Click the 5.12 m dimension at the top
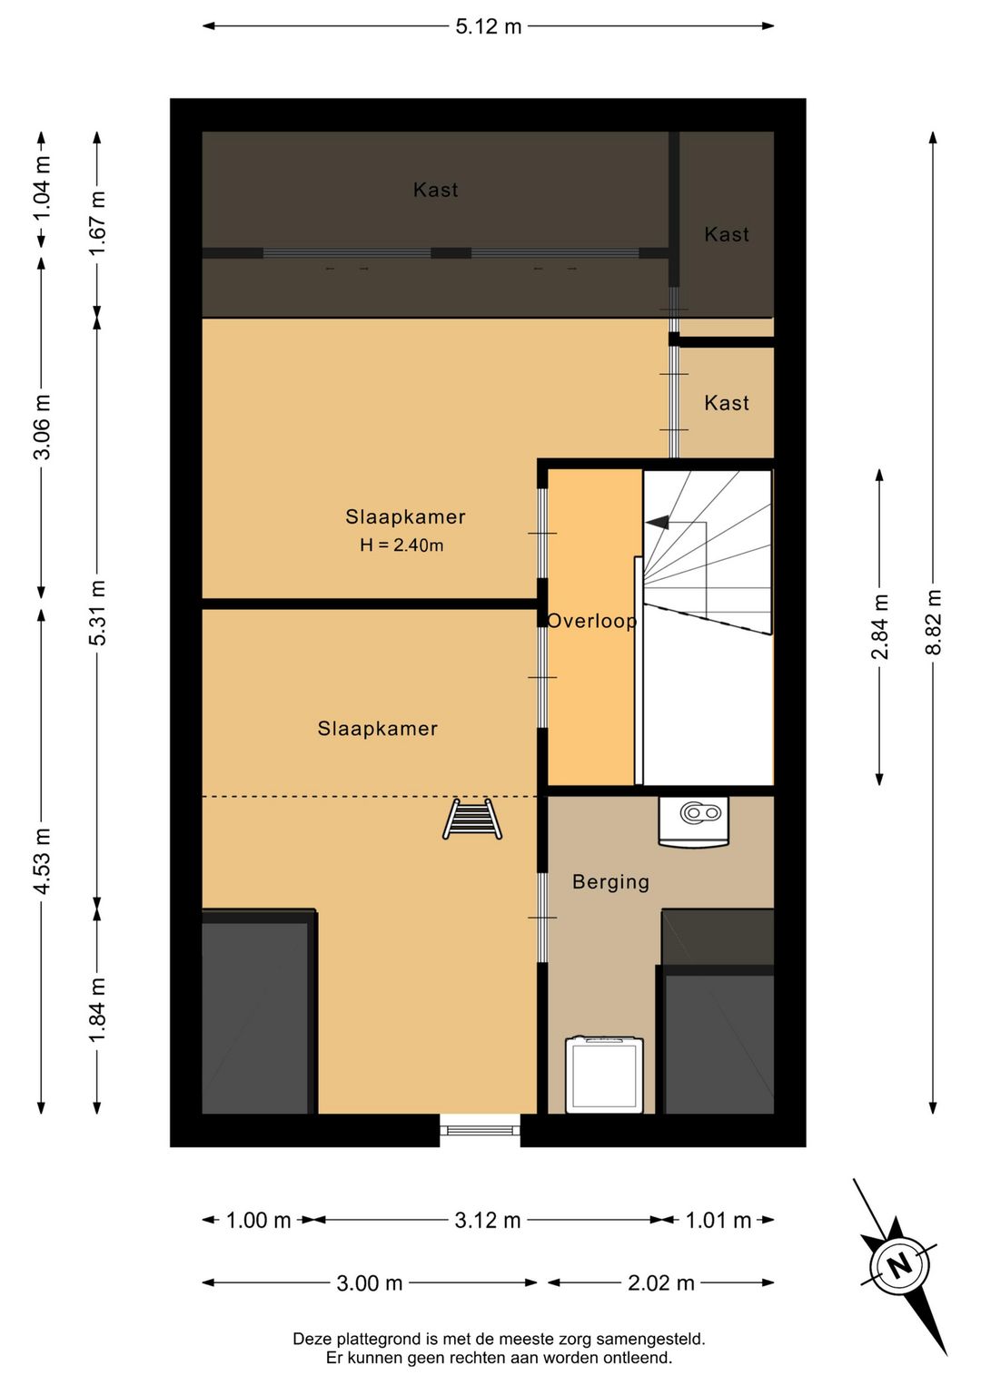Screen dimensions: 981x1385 click(489, 26)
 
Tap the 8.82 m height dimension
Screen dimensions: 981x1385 click(933, 622)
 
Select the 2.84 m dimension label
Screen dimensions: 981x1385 click(879, 626)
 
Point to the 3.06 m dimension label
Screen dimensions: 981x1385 click(42, 427)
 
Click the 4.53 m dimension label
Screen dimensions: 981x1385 click(42, 860)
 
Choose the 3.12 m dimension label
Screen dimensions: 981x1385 click(488, 1221)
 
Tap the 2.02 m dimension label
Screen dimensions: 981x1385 click(661, 1283)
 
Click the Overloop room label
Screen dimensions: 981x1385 click(591, 621)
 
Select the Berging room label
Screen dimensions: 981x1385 click(611, 882)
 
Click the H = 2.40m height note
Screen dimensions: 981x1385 click(401, 545)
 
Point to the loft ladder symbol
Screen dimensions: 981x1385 click(472, 820)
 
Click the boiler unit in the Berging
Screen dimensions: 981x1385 click(694, 820)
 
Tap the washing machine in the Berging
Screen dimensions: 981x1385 click(604, 1075)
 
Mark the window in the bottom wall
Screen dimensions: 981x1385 click(481, 1130)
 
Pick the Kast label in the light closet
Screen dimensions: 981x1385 click(727, 404)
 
